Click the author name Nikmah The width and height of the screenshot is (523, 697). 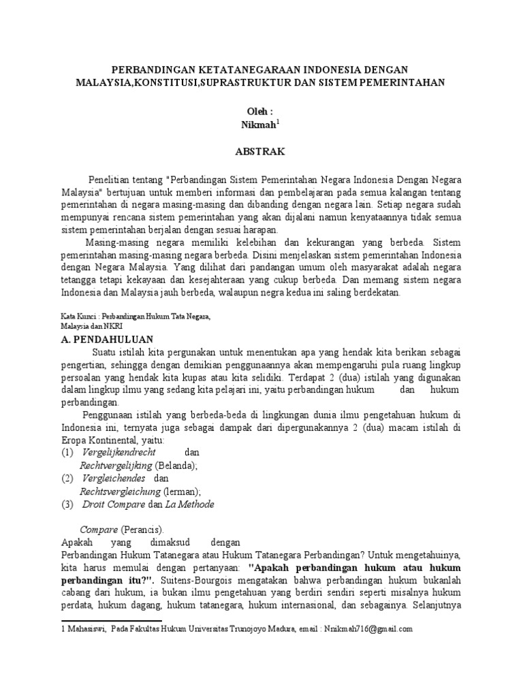tap(259, 125)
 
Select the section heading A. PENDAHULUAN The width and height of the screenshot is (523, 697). tap(108, 339)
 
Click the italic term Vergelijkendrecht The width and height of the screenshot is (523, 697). tap(119, 452)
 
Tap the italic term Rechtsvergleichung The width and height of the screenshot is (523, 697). tap(121, 491)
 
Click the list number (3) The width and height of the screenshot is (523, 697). tap(67, 504)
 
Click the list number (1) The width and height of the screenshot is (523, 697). tap(67, 452)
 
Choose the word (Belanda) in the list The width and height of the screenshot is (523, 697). tap(176, 465)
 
